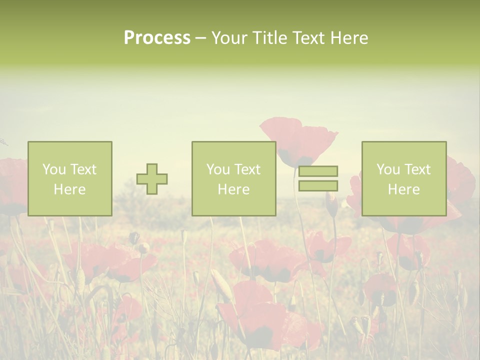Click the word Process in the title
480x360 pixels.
point(157,38)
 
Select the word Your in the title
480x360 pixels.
point(229,38)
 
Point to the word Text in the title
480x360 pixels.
point(308,38)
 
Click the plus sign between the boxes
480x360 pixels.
point(152,179)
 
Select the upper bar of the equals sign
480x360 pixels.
point(318,171)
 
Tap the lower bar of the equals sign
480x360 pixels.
point(318,186)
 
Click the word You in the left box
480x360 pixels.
point(54,169)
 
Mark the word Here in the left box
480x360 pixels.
point(69,189)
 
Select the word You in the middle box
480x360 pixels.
point(218,169)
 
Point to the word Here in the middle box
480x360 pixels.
point(233,189)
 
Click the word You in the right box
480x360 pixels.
point(388,169)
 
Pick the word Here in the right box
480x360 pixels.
point(403,189)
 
